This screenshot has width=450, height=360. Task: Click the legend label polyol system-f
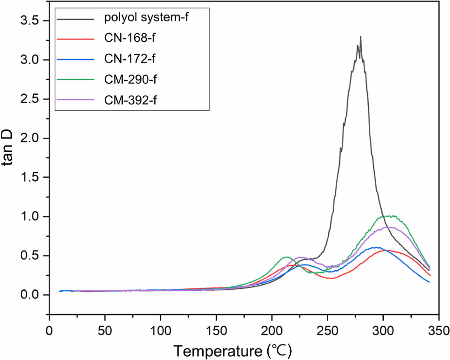[x=146, y=17]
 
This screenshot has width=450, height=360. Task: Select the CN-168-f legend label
[x=130, y=38]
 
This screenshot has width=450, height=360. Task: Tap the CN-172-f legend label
[x=130, y=59]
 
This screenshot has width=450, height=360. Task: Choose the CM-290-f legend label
[x=130, y=80]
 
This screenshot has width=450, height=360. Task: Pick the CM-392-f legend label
[x=130, y=100]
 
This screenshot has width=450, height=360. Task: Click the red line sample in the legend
[x=75, y=39]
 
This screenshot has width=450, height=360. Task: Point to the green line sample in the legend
[x=75, y=80]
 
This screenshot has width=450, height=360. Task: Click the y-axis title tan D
[x=7, y=148]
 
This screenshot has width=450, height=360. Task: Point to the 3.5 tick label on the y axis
[x=30, y=21]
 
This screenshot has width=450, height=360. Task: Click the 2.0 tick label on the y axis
[x=30, y=138]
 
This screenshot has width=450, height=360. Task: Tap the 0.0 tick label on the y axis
[x=30, y=295]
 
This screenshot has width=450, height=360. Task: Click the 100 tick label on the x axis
[x=160, y=331]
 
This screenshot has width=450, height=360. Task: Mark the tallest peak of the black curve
[x=361, y=37]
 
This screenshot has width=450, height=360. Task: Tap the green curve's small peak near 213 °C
[x=286, y=257]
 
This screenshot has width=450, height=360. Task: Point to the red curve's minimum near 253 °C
[x=331, y=278]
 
